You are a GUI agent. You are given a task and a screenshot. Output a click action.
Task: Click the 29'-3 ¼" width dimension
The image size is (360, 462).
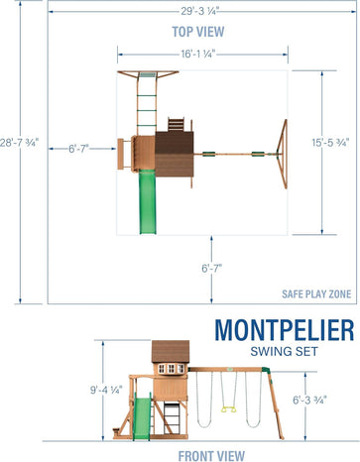tap(198, 11)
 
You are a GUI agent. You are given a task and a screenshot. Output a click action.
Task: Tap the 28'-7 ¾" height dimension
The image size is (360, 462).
tap(19, 143)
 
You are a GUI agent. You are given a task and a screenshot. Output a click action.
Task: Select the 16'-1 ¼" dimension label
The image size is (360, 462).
tap(198, 54)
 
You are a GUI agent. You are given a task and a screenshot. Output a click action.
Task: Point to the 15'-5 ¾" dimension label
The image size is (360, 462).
tap(330, 143)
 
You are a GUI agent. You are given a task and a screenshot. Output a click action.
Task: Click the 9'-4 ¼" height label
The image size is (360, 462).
tap(106, 390)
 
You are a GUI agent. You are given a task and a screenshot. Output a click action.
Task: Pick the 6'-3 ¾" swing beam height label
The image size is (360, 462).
tap(309, 400)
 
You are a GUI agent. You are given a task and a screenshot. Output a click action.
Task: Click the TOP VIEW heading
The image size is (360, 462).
tap(198, 32)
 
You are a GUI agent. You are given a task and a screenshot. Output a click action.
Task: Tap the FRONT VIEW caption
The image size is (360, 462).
tap(211, 456)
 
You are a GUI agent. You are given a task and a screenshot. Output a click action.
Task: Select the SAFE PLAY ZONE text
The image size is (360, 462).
tap(316, 293)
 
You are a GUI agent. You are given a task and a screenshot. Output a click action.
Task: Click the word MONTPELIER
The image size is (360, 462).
tap(285, 330)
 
